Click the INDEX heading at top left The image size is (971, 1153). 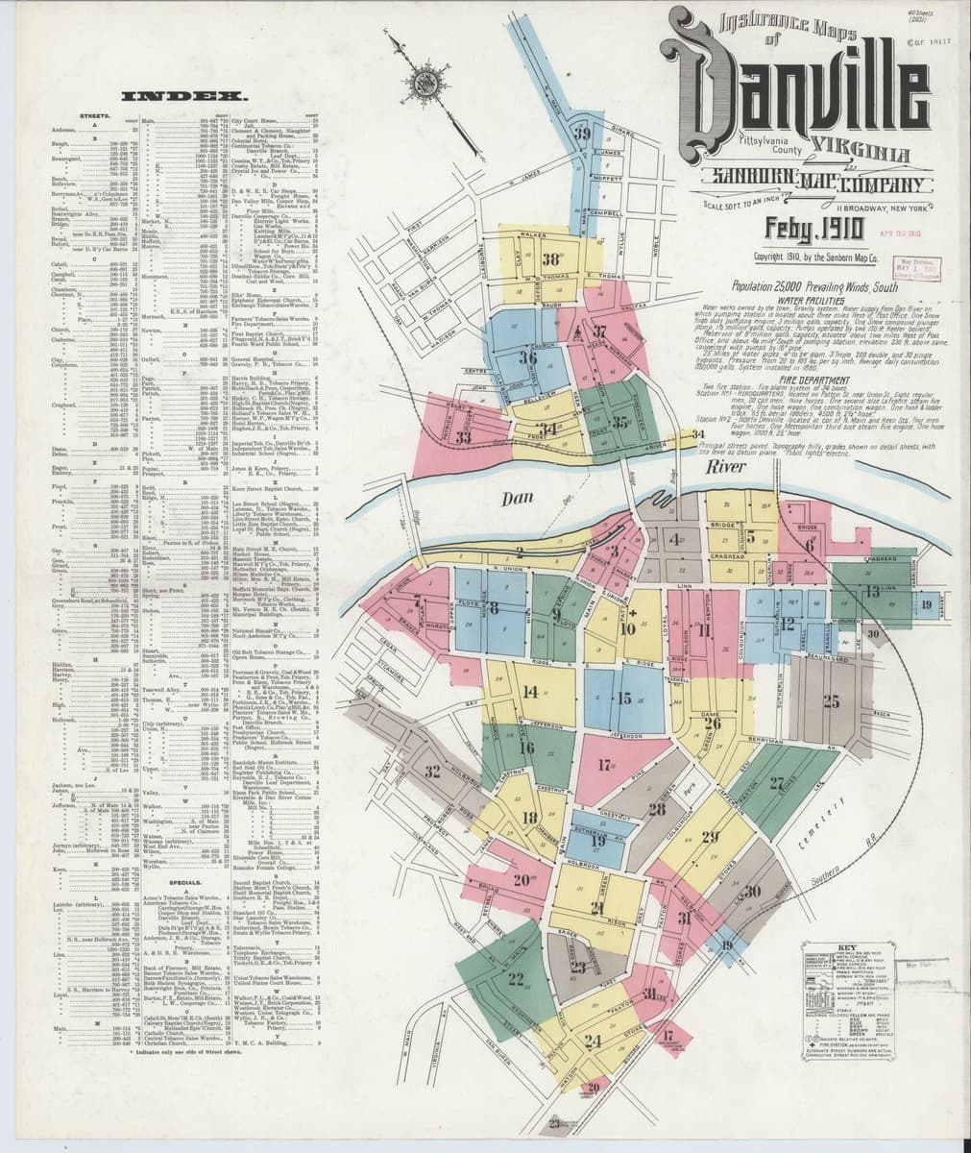point(181,97)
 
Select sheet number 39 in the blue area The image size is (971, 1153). point(583,134)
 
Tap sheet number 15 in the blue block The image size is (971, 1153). point(625,699)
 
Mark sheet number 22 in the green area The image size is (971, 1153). point(517,978)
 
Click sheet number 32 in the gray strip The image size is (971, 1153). point(434,771)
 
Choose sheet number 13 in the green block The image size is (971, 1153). point(872,591)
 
